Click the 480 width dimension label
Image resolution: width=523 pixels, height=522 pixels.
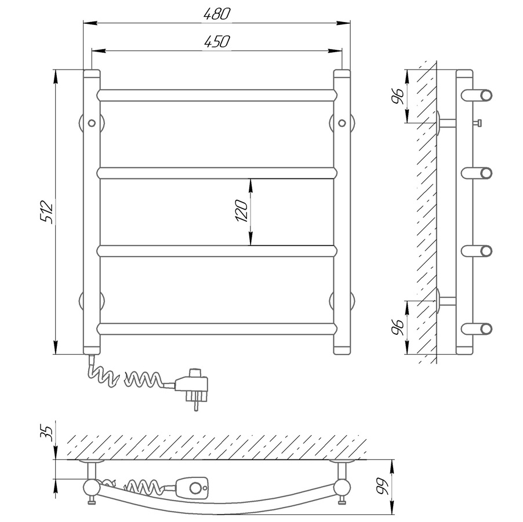click(x=217, y=14)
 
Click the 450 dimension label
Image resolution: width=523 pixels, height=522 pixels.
click(x=217, y=42)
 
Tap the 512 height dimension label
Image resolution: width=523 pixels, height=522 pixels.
click(x=46, y=211)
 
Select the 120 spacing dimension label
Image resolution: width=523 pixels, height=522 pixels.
click(x=241, y=211)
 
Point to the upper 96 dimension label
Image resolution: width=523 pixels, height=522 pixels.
click(x=398, y=97)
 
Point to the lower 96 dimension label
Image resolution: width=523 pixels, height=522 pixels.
click(x=398, y=327)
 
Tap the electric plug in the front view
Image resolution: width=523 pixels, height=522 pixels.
click(x=192, y=388)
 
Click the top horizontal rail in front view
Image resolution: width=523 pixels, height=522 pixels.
click(x=217, y=96)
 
